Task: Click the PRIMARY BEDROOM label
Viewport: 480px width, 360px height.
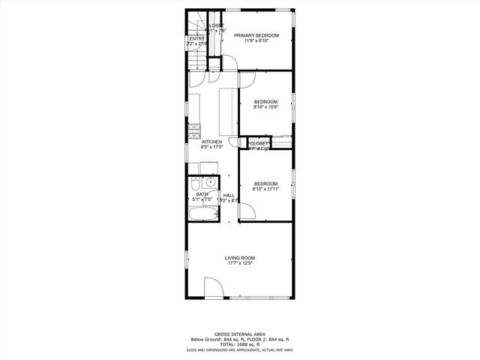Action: tap(256, 35)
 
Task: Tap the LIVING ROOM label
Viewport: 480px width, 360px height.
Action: tap(240, 258)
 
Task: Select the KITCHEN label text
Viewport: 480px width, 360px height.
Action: tap(211, 142)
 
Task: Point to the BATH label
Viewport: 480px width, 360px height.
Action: tap(202, 194)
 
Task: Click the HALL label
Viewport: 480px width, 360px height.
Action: tap(228, 195)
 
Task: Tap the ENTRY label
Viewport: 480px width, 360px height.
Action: tap(196, 39)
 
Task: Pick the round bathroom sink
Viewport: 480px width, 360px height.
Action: tap(211, 181)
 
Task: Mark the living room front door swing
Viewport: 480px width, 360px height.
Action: tap(212, 288)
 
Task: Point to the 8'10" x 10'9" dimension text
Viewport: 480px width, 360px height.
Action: tap(265, 107)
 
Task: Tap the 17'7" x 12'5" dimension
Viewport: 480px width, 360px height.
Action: tap(240, 263)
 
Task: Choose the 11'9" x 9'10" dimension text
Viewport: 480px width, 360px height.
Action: tap(256, 40)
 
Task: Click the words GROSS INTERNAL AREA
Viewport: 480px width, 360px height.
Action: tap(240, 334)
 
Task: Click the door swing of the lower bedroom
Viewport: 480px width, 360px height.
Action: tap(246, 212)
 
